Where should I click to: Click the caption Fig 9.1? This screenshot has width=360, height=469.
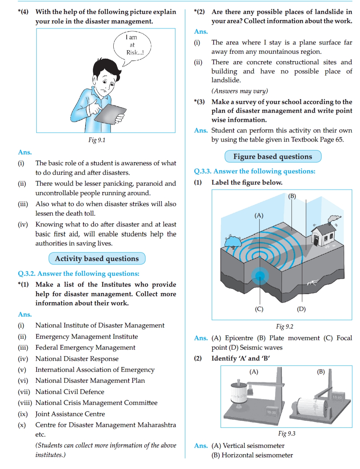point(97,140)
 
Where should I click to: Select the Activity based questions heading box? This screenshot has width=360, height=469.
point(97,259)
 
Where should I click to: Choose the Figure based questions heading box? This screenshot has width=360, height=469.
point(273,157)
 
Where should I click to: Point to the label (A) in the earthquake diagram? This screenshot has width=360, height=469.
point(259,215)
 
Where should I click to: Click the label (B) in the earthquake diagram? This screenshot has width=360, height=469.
point(292,196)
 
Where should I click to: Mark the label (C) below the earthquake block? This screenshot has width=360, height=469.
point(259,309)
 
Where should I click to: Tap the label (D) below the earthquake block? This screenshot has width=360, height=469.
point(301,309)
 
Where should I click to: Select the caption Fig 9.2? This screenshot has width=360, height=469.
point(285,327)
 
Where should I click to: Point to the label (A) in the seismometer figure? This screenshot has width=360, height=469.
point(254,372)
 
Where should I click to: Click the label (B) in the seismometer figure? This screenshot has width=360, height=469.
point(321,372)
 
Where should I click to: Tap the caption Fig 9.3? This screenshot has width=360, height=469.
point(286,433)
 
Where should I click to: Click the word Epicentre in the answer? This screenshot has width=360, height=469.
point(239,338)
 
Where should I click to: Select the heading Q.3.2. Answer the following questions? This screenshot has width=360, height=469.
point(78,274)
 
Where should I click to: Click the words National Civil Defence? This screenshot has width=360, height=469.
point(70,392)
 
